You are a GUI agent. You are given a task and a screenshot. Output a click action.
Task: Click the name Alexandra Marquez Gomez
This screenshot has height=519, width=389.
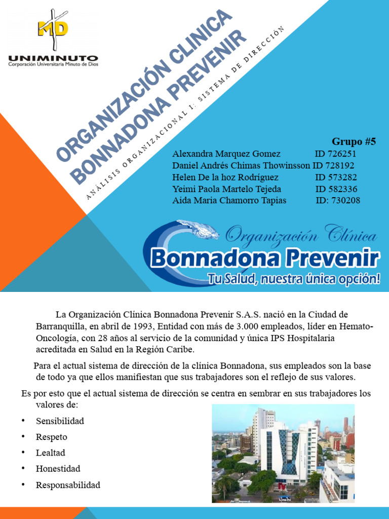pyautogui.click(x=226, y=154)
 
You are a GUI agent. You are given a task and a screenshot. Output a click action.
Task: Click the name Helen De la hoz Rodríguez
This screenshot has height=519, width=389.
pyautogui.click(x=225, y=177)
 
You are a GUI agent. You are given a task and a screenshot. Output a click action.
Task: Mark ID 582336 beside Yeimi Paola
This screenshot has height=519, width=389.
pyautogui.click(x=336, y=189)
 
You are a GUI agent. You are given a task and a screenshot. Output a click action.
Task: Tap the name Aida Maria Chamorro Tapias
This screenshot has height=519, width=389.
pyautogui.click(x=229, y=200)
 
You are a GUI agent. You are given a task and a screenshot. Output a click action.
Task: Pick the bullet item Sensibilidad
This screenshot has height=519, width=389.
pyautogui.click(x=60, y=421)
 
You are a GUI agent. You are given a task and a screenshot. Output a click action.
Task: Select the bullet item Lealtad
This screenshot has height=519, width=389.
pyautogui.click(x=51, y=453)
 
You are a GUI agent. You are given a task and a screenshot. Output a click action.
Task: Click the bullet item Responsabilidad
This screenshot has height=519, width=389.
pyautogui.click(x=68, y=485)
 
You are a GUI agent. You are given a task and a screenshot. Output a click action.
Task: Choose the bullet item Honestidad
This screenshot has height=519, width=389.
pyautogui.click(x=58, y=468)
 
